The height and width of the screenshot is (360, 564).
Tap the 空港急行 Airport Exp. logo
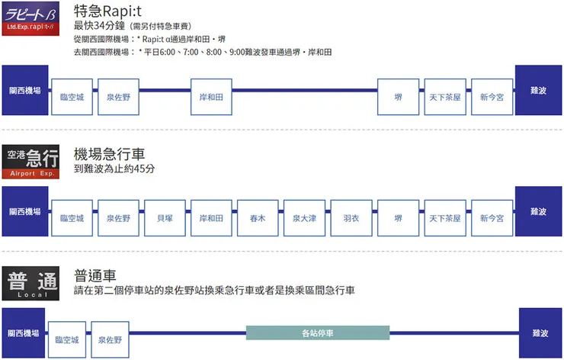click(x=33, y=162)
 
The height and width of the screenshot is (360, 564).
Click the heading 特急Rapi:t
click(x=111, y=11)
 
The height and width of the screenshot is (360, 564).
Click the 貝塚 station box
click(x=165, y=218)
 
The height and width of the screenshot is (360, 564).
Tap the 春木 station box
click(x=258, y=218)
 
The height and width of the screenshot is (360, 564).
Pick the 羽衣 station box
click(x=351, y=218)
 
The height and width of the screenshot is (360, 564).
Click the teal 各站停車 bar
click(x=318, y=333)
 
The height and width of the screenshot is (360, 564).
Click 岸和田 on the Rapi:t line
click(x=211, y=98)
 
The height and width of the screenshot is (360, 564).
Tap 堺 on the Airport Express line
click(x=398, y=218)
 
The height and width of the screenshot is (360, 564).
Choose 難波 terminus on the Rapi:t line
click(x=539, y=90)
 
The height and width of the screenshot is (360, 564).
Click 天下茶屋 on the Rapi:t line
click(x=444, y=98)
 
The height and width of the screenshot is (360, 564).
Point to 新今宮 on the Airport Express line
click(x=492, y=218)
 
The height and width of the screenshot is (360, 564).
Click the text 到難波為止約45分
click(x=114, y=169)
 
